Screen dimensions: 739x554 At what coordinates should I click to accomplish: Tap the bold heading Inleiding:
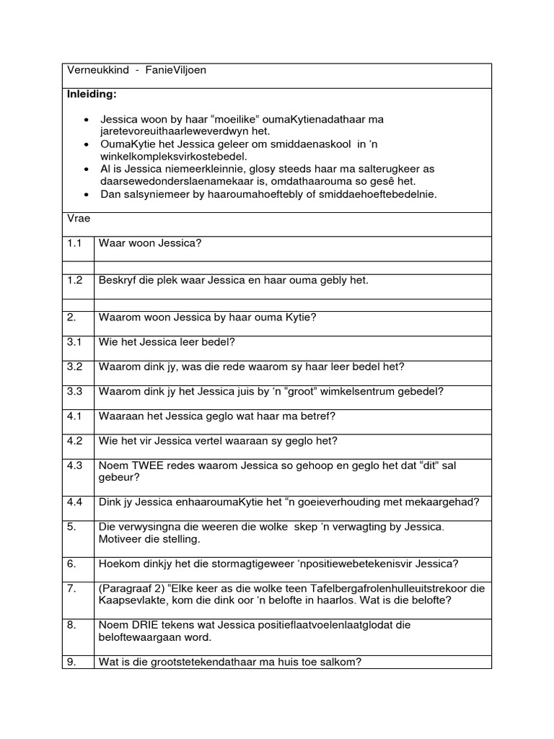tap(92, 95)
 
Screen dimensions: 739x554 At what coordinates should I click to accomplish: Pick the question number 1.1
tap(75, 243)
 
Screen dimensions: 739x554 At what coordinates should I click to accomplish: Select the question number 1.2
tap(75, 280)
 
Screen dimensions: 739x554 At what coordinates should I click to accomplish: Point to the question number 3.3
tap(75, 391)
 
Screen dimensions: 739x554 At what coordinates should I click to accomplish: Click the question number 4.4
tap(75, 502)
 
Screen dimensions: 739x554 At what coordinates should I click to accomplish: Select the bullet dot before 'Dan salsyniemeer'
tap(87, 193)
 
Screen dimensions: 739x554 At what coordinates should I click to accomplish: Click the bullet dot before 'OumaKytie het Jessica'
tap(87, 144)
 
